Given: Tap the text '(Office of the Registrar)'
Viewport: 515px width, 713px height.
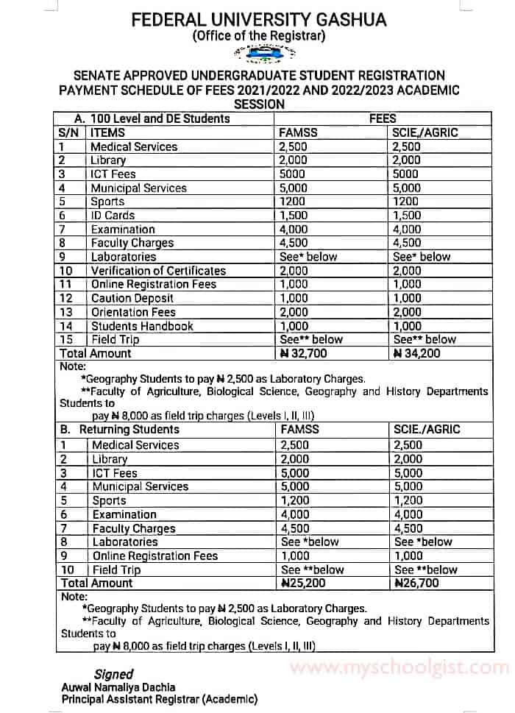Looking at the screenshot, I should click(258, 35).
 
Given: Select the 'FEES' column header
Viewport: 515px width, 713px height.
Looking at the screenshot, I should click(383, 118).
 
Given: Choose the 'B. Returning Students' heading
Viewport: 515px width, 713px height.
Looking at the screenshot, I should click(119, 430).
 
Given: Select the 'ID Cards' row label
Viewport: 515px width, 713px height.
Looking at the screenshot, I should click(113, 216).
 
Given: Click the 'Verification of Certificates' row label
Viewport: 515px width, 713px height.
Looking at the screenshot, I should click(158, 271).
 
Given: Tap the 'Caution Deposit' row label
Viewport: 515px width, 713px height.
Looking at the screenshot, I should click(132, 298).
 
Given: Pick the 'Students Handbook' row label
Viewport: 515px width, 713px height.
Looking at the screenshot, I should click(142, 326).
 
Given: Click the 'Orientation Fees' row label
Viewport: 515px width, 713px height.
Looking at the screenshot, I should click(133, 312).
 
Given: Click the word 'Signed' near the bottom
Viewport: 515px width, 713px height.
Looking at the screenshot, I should click(113, 674).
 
